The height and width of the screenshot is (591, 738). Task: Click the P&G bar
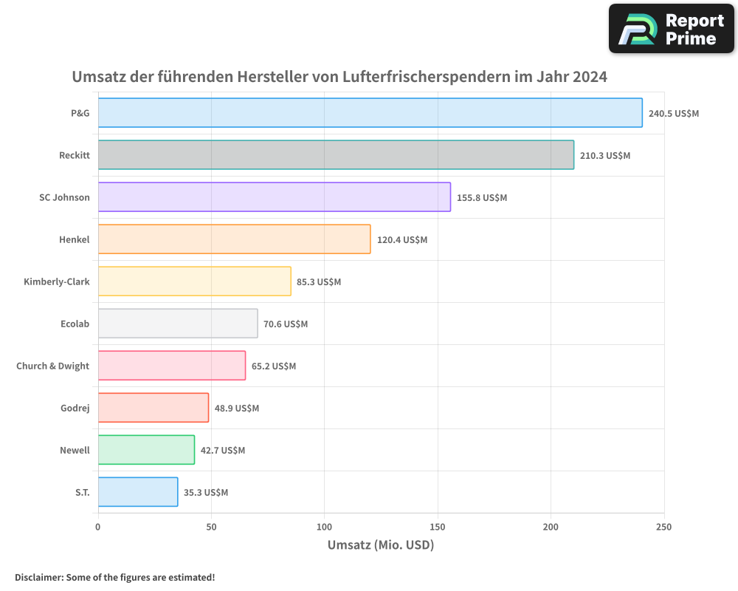coord(369,113)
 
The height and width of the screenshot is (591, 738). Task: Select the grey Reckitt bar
coord(336,155)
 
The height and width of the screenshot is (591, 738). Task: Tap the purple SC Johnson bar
coord(274,197)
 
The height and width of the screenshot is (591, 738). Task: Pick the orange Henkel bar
coord(234,239)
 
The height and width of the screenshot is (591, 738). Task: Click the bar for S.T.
coord(138,492)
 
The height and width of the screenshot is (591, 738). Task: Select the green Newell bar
coord(146,450)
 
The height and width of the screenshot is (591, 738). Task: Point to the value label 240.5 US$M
coord(673,114)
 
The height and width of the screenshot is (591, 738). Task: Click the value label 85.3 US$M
coord(319,282)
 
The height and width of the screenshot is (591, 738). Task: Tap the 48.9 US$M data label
coord(237,409)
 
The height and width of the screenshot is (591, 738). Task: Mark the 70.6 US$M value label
coord(286,324)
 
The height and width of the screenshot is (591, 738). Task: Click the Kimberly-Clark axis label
coord(57,281)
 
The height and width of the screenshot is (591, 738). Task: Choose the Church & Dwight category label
coord(53,366)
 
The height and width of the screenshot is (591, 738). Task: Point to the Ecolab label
coord(75,324)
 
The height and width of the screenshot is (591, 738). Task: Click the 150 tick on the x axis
coord(438,527)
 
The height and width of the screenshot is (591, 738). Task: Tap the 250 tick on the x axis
coord(663,527)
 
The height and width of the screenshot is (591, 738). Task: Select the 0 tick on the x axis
coord(98,527)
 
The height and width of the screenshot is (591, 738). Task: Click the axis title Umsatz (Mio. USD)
coord(380,545)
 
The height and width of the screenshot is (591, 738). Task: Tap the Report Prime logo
coord(671,29)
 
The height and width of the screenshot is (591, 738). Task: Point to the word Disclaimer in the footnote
coord(38,577)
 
